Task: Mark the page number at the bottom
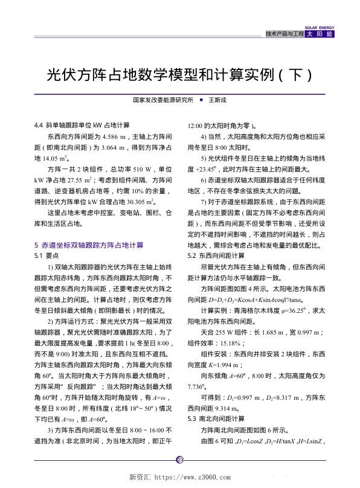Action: pyautogui.click(x=179, y=460)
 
